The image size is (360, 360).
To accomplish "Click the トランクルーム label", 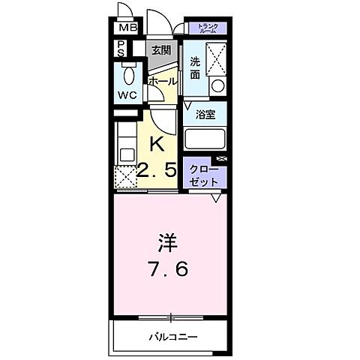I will (208, 29).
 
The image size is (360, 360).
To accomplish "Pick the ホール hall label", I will (162, 80).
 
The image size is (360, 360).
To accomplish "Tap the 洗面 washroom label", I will (195, 68).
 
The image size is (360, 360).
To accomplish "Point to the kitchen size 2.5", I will (157, 171).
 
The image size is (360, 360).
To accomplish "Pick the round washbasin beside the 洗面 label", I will (218, 85).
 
